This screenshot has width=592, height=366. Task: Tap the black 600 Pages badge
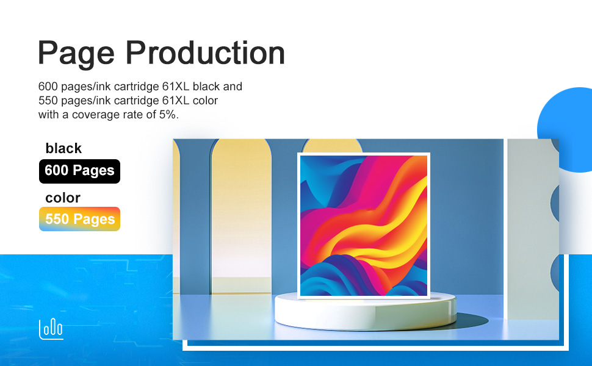pos(79,171)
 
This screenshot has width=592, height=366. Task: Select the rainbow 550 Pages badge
pos(79,219)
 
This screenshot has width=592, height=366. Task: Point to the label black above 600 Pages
pos(63,148)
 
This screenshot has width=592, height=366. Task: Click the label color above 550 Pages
pos(63,198)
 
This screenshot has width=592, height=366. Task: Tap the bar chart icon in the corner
pos(51,328)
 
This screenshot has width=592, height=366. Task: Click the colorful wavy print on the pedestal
pos(364,225)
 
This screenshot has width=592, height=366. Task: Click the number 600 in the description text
pos(48,87)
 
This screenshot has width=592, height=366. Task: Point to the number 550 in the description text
pos(48,101)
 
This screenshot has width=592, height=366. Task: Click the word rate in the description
pos(131,115)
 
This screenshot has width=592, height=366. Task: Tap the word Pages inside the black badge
pos(93,171)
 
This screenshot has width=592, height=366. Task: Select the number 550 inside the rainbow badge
pos(56,219)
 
